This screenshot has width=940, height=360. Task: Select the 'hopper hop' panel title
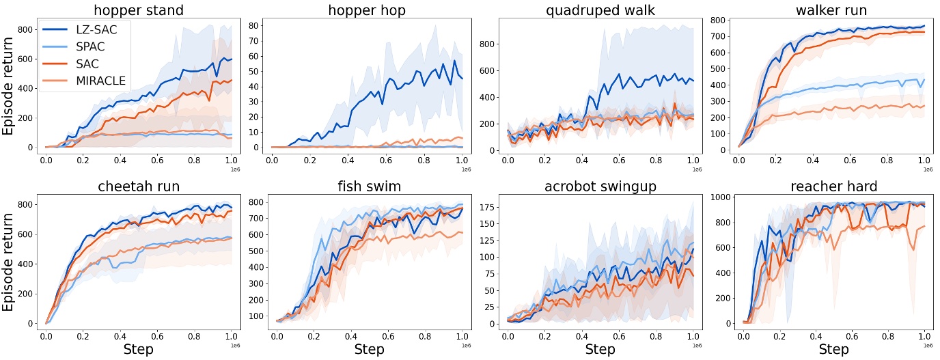[368, 10]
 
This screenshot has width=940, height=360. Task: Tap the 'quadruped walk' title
[600, 10]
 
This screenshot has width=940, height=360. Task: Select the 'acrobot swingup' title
[600, 186]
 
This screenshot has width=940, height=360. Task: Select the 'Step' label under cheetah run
[138, 350]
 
